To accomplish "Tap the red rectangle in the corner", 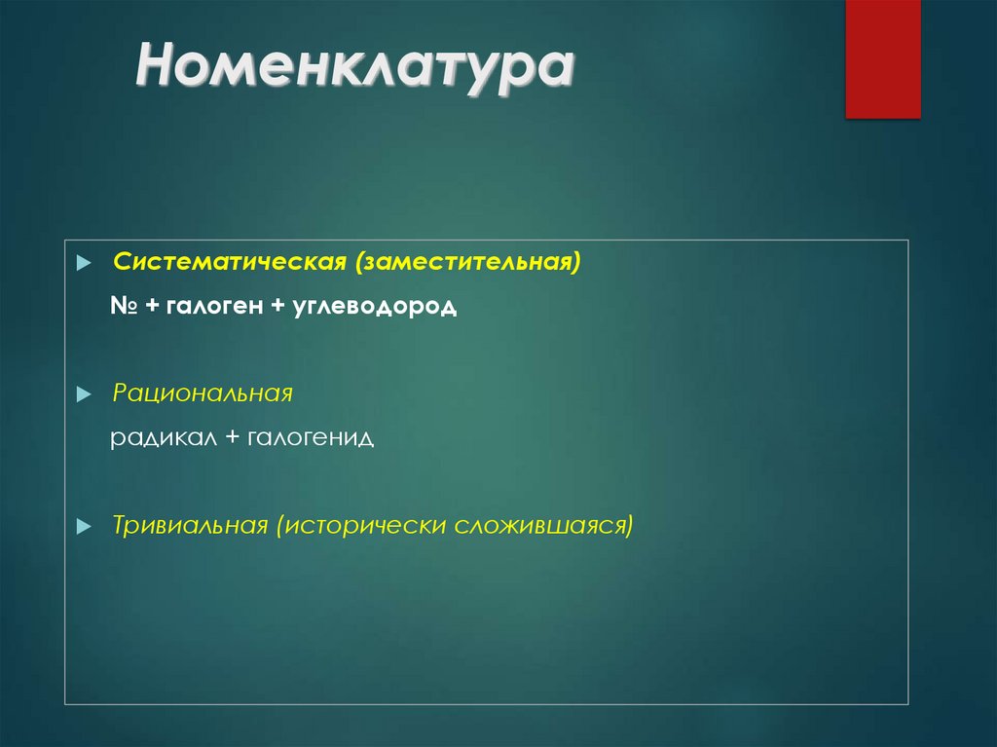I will pos(882,58).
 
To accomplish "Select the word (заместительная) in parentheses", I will pos(468,263).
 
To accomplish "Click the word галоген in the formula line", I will pos(214,307).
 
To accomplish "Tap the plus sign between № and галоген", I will pos(154,307).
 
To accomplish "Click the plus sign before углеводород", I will pos(277,307).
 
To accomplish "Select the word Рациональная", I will pos(203,393).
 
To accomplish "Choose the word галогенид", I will pos(311,438).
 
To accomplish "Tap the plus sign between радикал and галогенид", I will pos(232,438).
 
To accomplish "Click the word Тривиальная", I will pos(190,526).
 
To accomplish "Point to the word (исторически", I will pos(359,526).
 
